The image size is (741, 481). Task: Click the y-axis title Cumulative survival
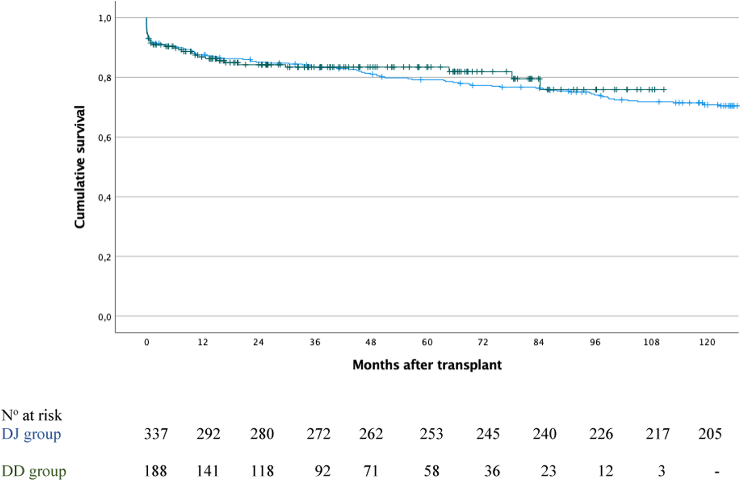[x=80, y=167]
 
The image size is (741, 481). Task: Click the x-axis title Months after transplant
[x=427, y=365]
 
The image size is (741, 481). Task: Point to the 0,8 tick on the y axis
[x=105, y=78]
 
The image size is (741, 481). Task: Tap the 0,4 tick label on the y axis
[x=105, y=197]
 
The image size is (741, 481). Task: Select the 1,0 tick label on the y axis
[x=105, y=18]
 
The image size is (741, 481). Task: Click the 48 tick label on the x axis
[x=371, y=343]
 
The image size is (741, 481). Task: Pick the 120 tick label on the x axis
[x=707, y=343]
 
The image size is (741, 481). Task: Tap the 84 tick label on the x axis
[x=539, y=343]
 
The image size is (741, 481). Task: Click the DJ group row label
[x=31, y=434]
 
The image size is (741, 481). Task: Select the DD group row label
[x=34, y=471]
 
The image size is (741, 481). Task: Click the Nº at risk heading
[x=31, y=415]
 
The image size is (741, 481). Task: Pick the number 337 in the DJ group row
[x=155, y=434]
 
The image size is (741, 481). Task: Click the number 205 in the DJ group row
[x=710, y=434]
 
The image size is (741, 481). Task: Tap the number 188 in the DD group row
[x=155, y=471]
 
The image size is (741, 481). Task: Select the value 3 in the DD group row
[x=661, y=471]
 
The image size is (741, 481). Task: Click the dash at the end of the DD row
[x=717, y=472]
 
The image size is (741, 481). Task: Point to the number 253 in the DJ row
[x=431, y=434]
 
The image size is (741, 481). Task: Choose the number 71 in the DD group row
[x=371, y=471]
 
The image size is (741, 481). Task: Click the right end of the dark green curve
[x=666, y=89]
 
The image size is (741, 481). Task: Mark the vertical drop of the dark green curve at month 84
[x=539, y=84]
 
